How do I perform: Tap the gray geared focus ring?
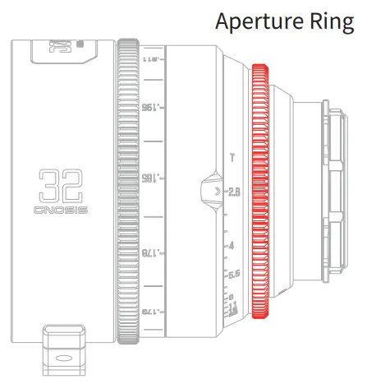pyautogui.click(x=126, y=190)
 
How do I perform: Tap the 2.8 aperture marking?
pyautogui.click(x=234, y=192)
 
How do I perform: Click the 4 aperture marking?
pyautogui.click(x=232, y=246)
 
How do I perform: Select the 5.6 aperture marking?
pyautogui.click(x=233, y=274)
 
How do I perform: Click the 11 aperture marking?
pyautogui.click(x=233, y=305)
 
